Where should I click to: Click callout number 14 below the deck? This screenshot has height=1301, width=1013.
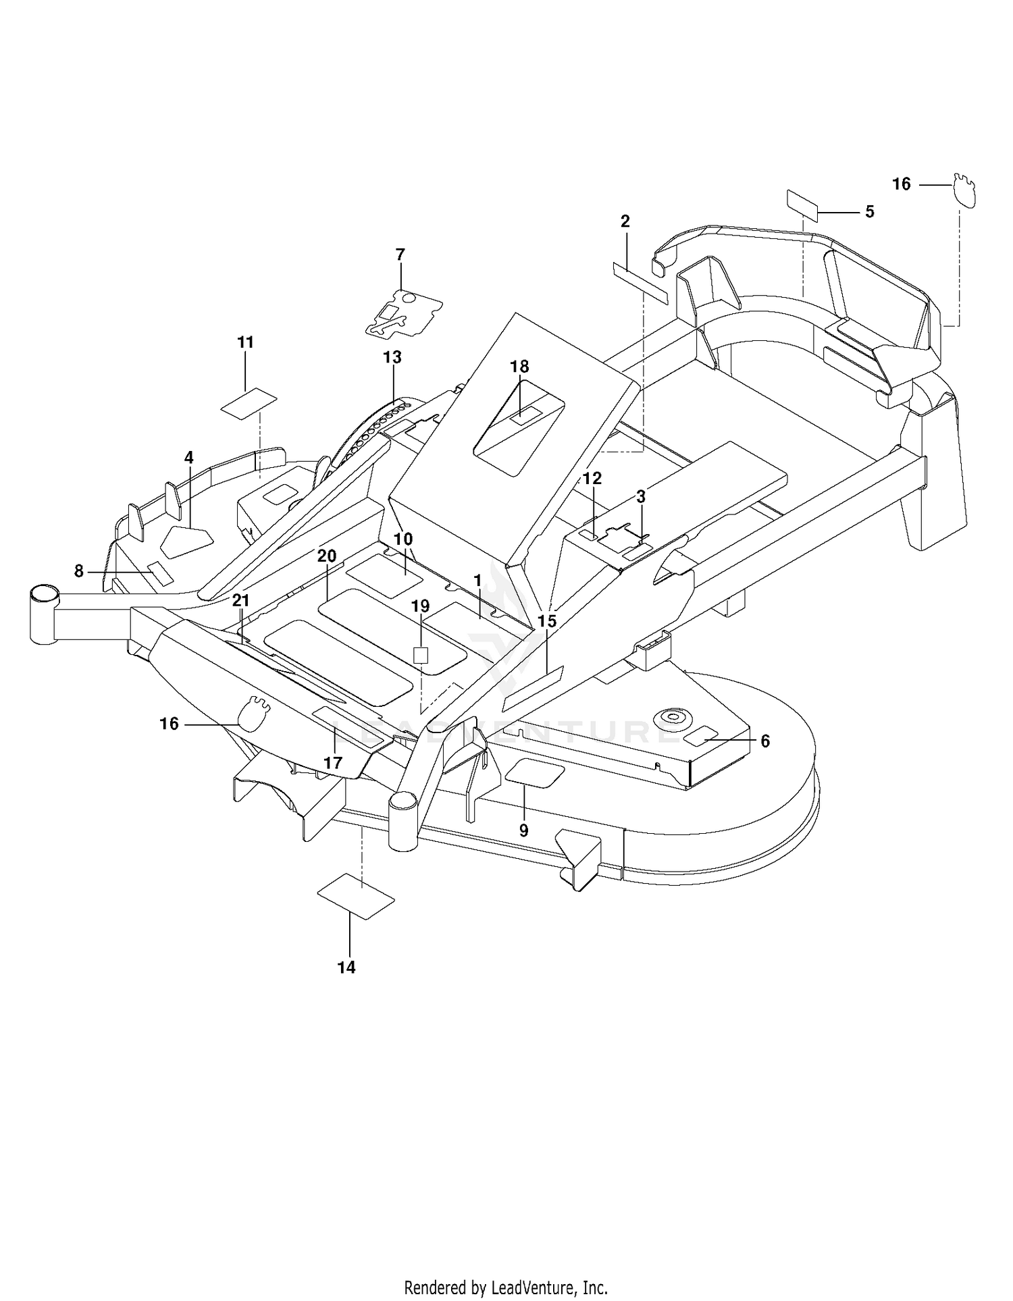[346, 967]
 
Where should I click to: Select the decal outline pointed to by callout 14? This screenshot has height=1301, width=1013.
[355, 897]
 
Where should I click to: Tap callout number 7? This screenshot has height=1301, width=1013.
[400, 255]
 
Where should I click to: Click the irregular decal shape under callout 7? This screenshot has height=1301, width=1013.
[404, 312]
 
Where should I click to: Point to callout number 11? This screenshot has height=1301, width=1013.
[246, 342]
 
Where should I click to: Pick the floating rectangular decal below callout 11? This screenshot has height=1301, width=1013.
[249, 404]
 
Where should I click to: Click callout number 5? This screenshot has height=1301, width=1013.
[870, 212]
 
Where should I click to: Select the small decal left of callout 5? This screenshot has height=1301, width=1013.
[802, 206]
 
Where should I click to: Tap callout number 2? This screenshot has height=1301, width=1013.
[625, 221]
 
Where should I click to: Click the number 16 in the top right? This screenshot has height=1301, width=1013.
[902, 184]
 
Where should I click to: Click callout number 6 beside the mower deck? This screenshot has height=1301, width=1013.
[765, 741]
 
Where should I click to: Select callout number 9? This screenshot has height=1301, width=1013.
[523, 831]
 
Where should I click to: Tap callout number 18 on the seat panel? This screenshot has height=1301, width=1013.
[519, 367]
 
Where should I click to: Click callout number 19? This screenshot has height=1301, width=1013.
[420, 606]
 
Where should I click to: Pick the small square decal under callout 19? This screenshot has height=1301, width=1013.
[421, 654]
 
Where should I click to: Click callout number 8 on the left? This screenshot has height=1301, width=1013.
[79, 571]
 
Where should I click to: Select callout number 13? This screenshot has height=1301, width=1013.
[392, 357]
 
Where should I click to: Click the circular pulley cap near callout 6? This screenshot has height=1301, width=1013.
[672, 716]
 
